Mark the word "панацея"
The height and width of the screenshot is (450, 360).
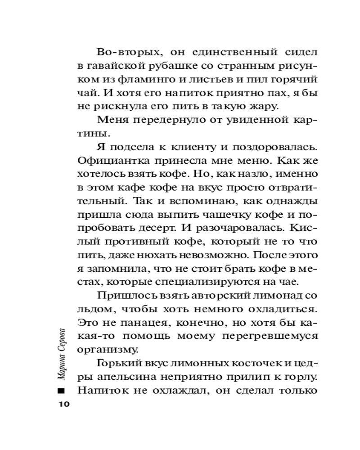[x=141, y=324]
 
